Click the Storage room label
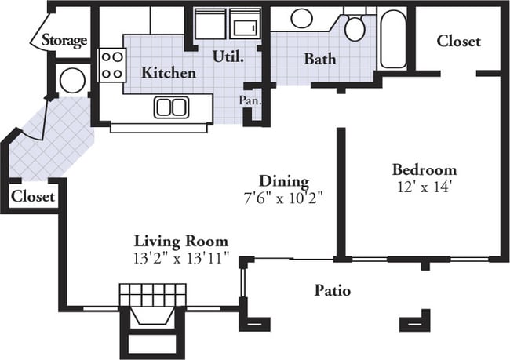64,41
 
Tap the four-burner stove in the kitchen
112,65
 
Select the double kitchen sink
171,107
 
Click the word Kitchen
169,72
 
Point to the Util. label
228,57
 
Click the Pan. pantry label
250,100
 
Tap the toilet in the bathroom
355,26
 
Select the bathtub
393,39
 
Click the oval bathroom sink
302,18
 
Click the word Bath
320,59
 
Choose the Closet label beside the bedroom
458,42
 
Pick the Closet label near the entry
32,196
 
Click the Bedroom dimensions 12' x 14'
424,187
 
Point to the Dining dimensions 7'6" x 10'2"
283,198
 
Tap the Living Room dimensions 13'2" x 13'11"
181,259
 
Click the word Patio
333,290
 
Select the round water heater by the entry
73,80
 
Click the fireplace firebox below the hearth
152,316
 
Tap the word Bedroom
424,169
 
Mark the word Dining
284,182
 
